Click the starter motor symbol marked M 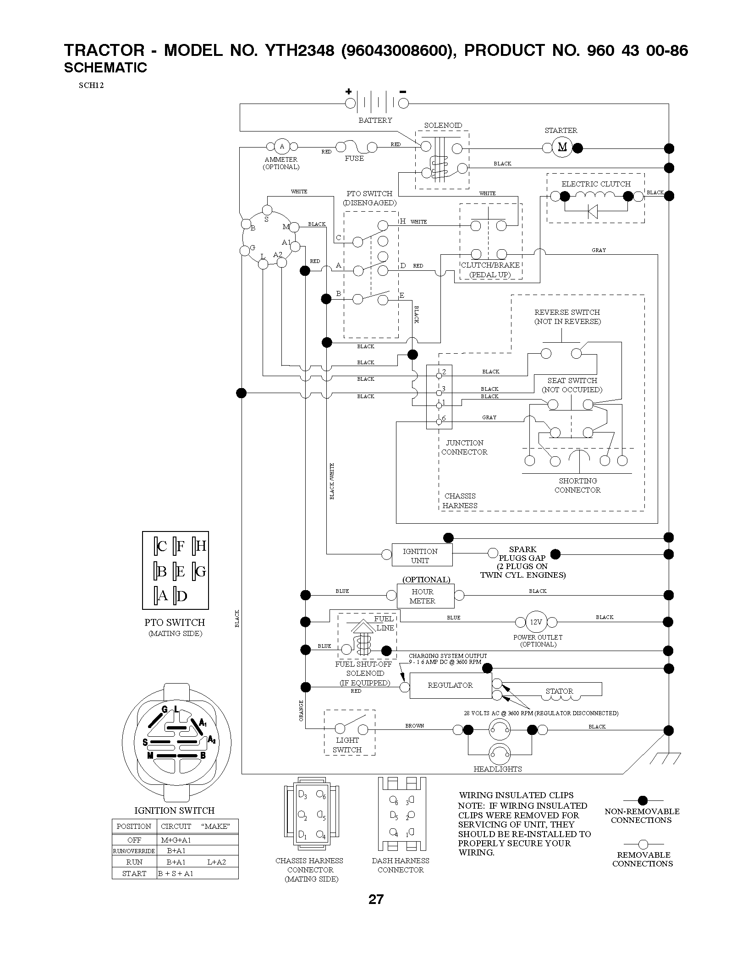click(x=562, y=147)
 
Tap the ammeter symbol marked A click(x=282, y=147)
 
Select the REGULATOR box click(x=450, y=685)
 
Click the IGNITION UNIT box click(x=422, y=555)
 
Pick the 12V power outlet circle click(x=536, y=622)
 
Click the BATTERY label click(x=375, y=120)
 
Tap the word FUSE click(x=354, y=159)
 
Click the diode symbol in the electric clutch click(x=593, y=211)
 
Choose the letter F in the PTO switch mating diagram click(x=180, y=546)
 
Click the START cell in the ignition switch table click(x=134, y=873)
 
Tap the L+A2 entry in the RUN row click(x=217, y=862)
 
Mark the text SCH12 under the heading click(x=91, y=85)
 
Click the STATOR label click(x=559, y=691)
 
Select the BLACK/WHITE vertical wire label click(x=332, y=481)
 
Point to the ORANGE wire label click(x=301, y=711)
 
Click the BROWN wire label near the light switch click(x=415, y=726)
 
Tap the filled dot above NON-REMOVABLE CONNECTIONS click(x=643, y=800)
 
